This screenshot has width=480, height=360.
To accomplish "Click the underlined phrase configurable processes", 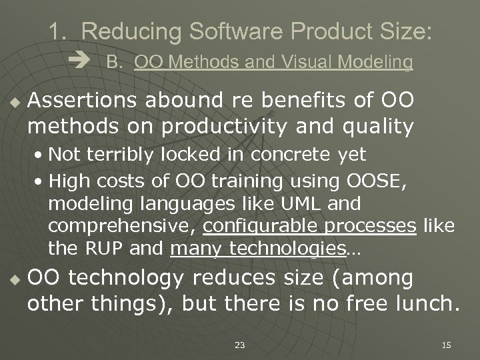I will (x=310, y=227).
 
